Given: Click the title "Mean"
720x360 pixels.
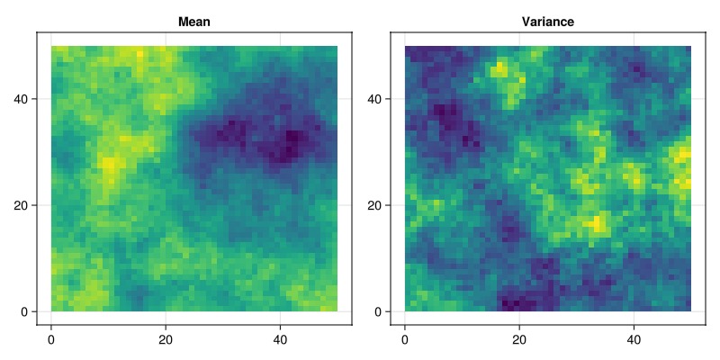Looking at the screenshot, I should point(194,22).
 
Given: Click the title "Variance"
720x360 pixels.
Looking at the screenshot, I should point(548,22).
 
